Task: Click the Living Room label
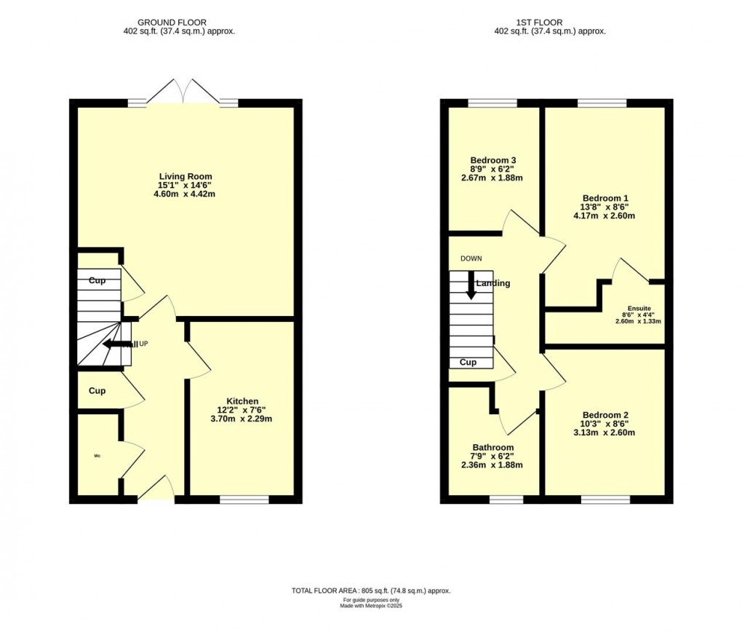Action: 185,176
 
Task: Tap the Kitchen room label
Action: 242,401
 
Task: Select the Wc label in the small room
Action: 97,457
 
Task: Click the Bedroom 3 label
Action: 493,160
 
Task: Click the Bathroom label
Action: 493,448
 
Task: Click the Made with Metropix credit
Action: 371,606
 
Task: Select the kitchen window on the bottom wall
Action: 244,499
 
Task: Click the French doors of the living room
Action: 185,93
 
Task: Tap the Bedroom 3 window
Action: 492,103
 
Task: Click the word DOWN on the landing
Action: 471,258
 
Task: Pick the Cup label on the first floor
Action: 468,362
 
